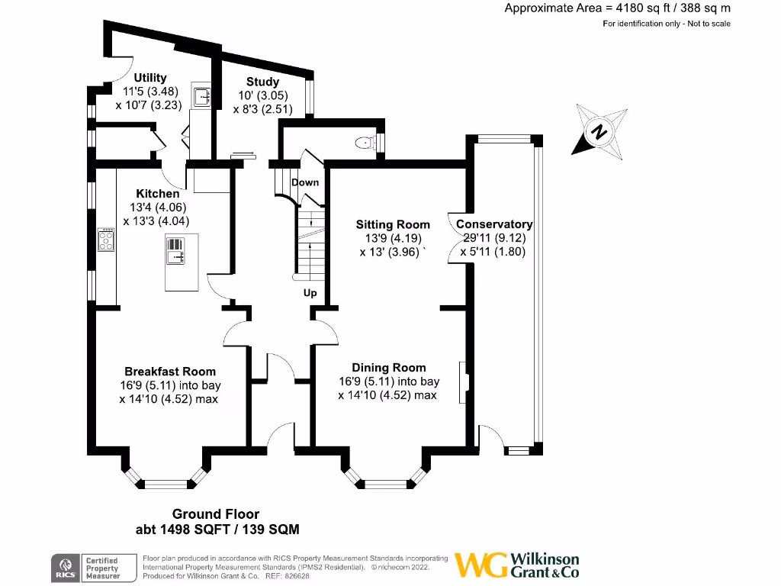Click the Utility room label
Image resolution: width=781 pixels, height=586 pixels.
tap(149, 78)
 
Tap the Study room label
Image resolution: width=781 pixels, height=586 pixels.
tap(262, 82)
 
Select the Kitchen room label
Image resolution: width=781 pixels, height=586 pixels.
tap(158, 194)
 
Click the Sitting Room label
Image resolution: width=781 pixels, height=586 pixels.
tap(393, 224)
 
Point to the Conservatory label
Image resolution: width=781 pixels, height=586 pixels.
tap(493, 224)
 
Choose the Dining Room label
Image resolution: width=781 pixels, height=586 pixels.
tap(388, 368)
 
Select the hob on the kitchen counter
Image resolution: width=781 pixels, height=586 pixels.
tap(105, 241)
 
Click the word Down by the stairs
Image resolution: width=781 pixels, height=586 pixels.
tap(305, 182)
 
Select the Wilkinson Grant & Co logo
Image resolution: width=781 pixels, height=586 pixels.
tap(516, 565)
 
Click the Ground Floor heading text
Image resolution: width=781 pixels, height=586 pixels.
tap(215, 514)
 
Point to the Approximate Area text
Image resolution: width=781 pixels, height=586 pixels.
tap(617, 8)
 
